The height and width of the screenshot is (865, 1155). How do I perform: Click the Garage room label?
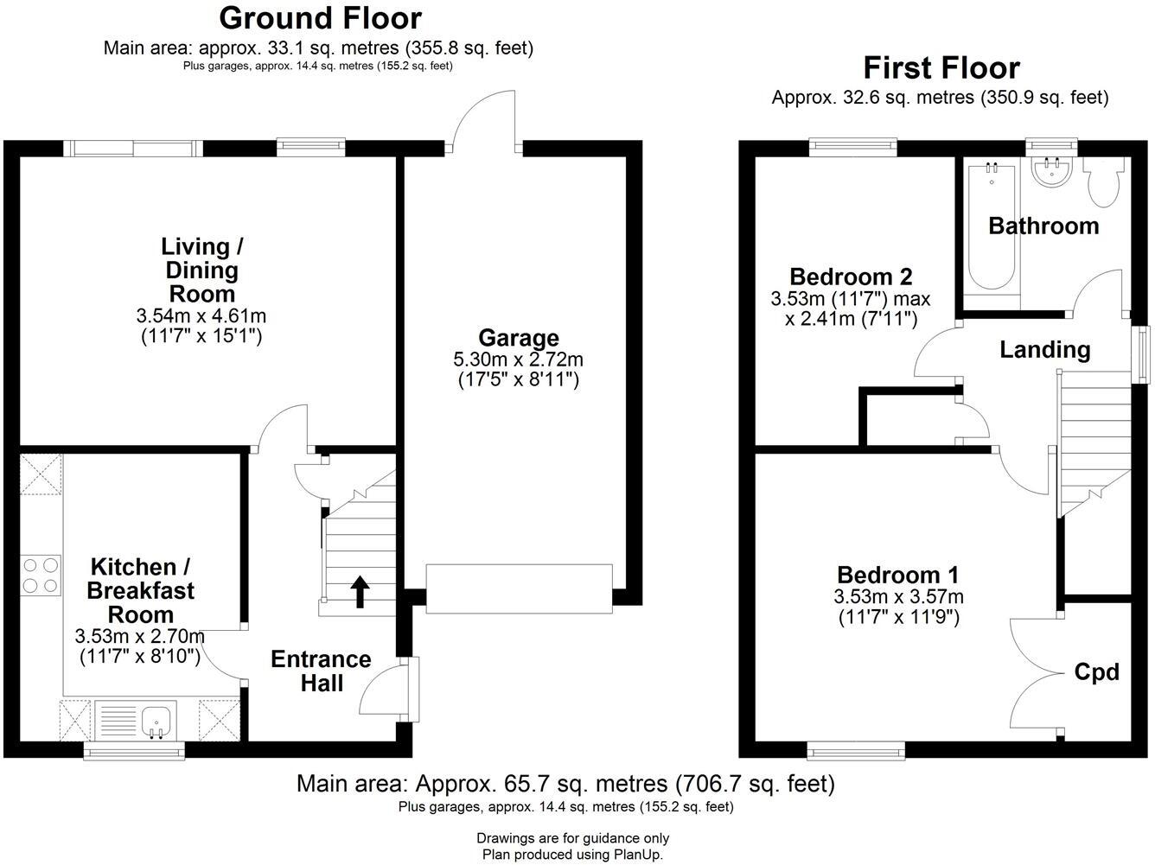[518, 338]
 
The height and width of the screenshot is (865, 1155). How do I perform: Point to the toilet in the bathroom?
[1104, 182]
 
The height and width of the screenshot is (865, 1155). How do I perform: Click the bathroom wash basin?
[1052, 171]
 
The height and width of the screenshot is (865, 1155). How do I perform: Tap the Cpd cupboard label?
[1096, 672]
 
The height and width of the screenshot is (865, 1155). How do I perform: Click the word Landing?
[1044, 350]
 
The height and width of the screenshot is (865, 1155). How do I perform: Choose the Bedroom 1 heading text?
[897, 575]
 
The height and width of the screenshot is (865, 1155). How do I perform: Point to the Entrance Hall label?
[321, 671]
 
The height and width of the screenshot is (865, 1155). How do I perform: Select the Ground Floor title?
[320, 17]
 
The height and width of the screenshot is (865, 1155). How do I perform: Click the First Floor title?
[941, 67]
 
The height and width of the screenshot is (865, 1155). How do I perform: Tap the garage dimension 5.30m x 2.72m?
[518, 359]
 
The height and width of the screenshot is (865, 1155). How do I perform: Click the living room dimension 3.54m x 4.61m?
[201, 316]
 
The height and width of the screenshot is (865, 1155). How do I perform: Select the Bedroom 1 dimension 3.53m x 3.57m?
[898, 597]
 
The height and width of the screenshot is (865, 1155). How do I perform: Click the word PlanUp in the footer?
[635, 855]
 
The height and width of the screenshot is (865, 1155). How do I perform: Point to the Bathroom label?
[1043, 226]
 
